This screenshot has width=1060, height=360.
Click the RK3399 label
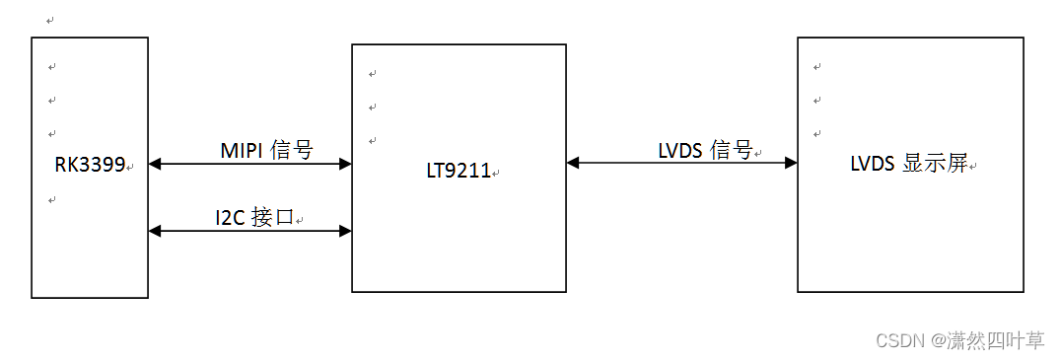point(89,165)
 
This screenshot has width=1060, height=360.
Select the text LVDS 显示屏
point(907,165)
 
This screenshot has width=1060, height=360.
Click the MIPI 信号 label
point(265,150)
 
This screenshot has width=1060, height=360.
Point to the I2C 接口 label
point(254,217)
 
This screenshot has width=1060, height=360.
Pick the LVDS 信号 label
point(704,150)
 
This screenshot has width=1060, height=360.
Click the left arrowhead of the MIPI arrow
point(154,164)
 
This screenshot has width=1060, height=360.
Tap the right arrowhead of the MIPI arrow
point(345,164)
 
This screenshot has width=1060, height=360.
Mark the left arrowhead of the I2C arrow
point(154,231)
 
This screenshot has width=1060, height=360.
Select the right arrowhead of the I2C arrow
point(345,231)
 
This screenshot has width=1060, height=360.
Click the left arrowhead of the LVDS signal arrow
point(573,163)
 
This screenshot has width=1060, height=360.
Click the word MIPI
point(241,150)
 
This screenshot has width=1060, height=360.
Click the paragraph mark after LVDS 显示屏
point(972,167)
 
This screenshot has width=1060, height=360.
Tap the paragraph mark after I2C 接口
point(299,219)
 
